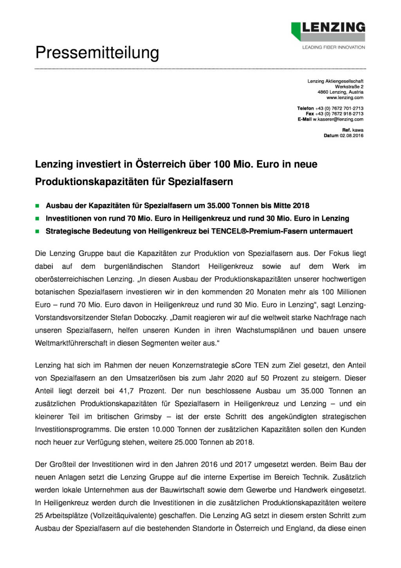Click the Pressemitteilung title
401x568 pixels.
97,52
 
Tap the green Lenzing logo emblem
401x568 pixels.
296,31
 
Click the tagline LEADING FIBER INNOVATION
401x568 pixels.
333,47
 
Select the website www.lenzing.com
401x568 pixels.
345,98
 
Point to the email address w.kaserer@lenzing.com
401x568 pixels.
338,119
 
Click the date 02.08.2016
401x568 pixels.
351,136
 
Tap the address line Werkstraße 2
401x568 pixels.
349,87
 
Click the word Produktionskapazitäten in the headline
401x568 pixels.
92,182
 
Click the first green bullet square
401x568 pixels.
38,206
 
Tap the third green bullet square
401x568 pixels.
38,232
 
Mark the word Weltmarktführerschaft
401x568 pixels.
71,343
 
